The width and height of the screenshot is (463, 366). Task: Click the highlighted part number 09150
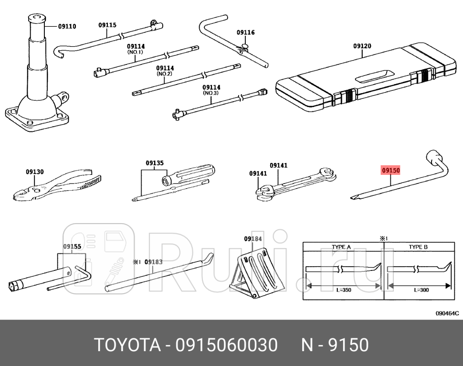coord(390,170)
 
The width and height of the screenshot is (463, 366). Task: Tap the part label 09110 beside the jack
coord(67,27)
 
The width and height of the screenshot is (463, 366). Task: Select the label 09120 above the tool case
coord(362,46)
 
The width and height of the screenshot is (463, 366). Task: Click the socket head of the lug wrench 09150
coord(435,158)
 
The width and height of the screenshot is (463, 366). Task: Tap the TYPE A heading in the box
coord(341,247)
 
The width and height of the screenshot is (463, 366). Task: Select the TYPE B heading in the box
coord(418,247)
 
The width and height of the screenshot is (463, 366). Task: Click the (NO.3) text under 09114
coord(211,93)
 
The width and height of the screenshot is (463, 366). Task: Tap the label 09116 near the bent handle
coord(246,33)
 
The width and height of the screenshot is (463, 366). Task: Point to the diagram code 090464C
coord(447,313)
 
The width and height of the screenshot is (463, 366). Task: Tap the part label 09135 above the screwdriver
coord(155,163)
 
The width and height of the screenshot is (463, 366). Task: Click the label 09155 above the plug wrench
coord(72,247)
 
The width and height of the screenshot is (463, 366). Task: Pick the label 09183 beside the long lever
coord(154,261)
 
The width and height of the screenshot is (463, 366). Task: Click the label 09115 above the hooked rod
coord(108,25)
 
